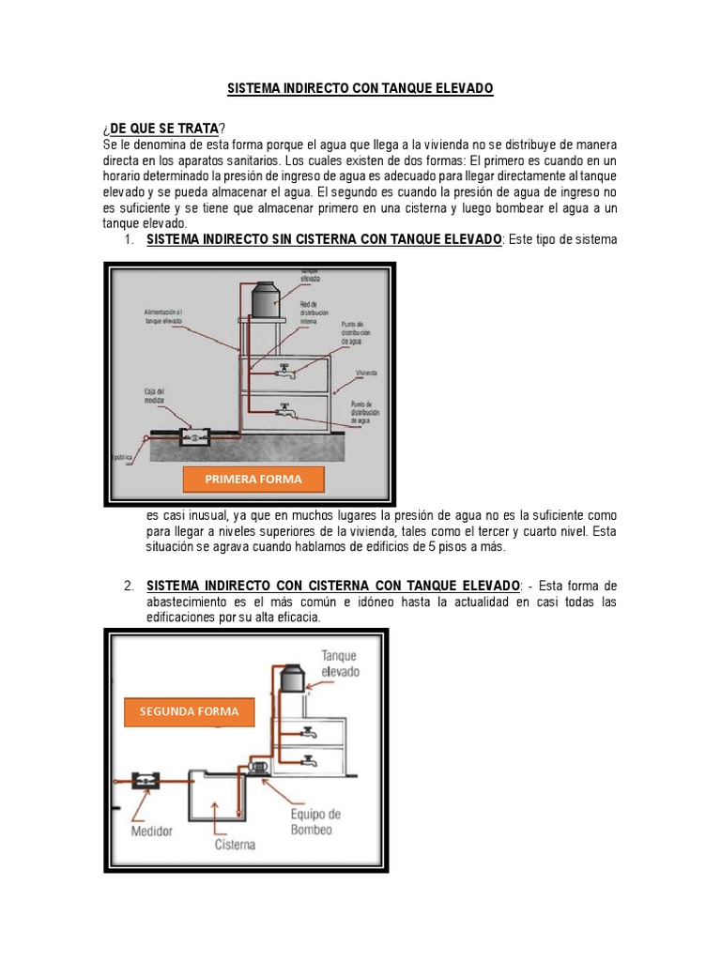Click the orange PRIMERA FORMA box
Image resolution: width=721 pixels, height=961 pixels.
coord(253,480)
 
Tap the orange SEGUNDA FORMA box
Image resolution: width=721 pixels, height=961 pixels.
coord(190,712)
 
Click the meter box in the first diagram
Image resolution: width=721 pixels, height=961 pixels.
coord(198,435)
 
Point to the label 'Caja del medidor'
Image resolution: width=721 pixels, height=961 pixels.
coord(154,396)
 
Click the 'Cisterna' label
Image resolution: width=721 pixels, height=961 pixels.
coord(235,845)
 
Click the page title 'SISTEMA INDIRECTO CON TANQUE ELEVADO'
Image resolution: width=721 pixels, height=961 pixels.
coord(360,88)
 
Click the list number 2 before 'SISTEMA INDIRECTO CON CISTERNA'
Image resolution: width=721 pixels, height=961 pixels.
coord(129,587)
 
